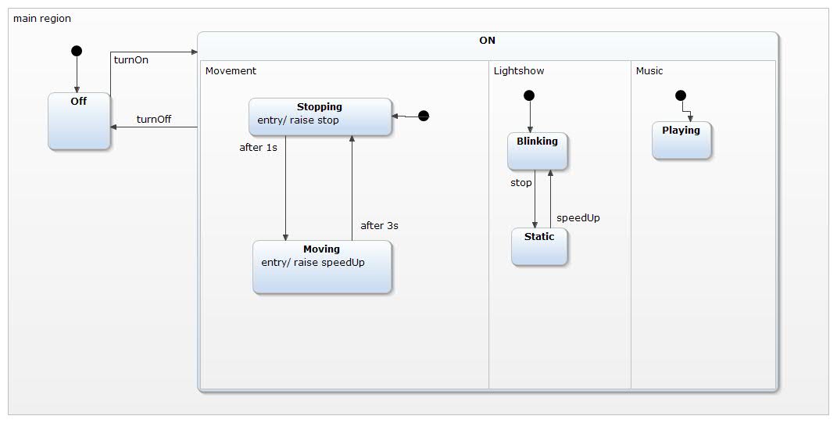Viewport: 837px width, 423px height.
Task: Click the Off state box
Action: tap(79, 121)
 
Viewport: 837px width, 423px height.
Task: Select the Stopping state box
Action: tap(320, 117)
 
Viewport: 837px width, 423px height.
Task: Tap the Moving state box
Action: tap(322, 267)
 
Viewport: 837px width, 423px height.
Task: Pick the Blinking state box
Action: tap(537, 151)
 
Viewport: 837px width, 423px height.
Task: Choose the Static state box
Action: tap(539, 246)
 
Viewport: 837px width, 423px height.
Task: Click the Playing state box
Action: tap(681, 140)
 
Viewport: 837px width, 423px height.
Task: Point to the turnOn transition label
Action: tap(131, 60)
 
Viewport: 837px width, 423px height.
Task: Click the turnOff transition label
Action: tap(153, 120)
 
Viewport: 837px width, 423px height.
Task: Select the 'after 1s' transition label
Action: tap(258, 147)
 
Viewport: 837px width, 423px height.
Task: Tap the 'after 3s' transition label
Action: tap(379, 225)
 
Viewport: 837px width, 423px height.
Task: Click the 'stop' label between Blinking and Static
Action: tap(520, 183)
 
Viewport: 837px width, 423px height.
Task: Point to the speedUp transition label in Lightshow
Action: tap(578, 218)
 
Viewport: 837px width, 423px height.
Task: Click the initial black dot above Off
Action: tap(77, 51)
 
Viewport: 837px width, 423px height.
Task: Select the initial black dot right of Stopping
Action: tap(424, 116)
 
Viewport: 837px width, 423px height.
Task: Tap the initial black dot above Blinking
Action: tap(529, 95)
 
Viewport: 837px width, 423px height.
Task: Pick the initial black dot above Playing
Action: tap(680, 95)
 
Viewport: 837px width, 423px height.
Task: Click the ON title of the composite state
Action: tap(487, 41)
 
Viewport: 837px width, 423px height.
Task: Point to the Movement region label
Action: tap(231, 71)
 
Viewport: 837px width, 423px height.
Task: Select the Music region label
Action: tap(649, 71)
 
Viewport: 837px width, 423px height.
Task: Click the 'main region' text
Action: tap(42, 18)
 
